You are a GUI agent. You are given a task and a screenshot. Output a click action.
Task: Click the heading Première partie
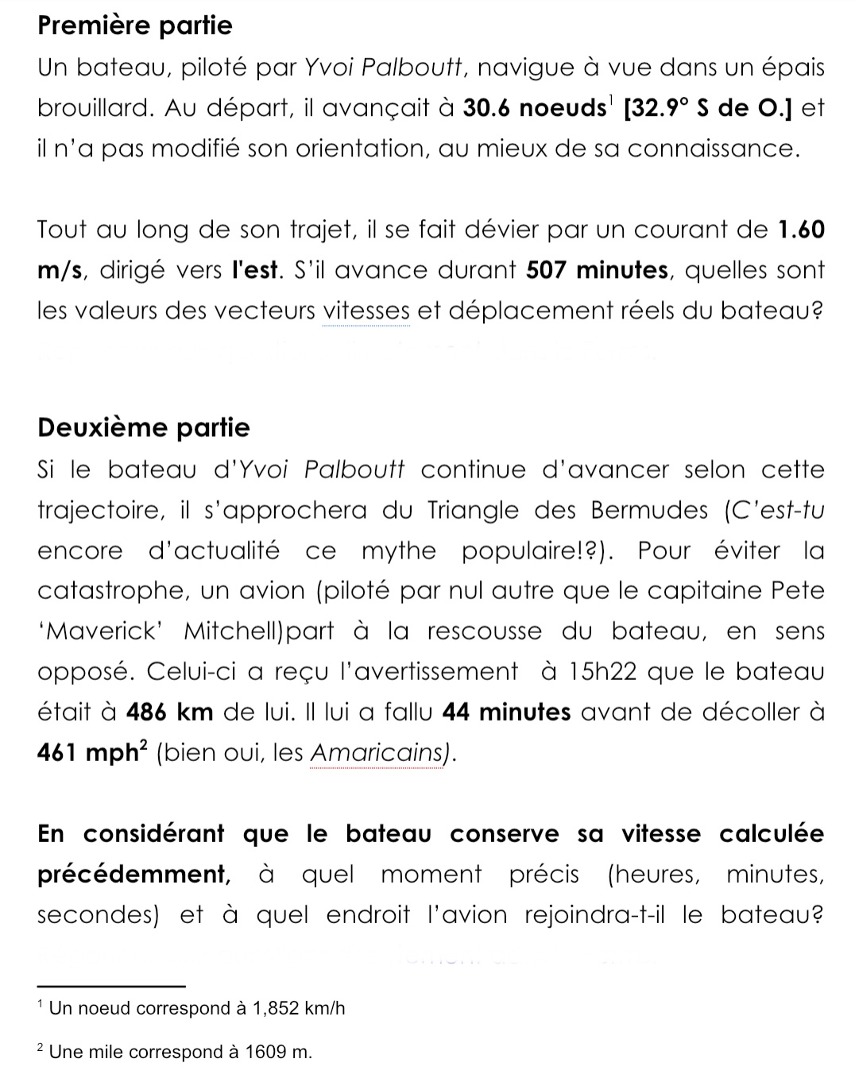134,25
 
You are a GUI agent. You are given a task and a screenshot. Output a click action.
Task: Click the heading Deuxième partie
143,427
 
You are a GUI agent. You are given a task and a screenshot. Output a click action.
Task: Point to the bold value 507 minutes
597,270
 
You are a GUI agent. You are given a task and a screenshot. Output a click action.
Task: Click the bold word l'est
254,270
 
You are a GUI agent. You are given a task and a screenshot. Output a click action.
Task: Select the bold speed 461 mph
87,752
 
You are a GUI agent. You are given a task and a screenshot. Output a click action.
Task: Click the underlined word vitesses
366,311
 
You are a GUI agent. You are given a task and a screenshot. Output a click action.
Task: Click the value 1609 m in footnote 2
278,1053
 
